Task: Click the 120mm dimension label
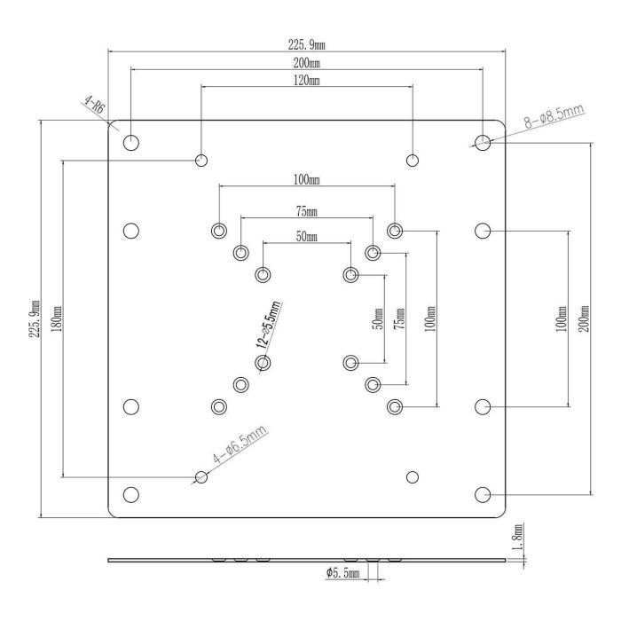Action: [306, 80]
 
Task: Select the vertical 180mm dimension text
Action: [58, 316]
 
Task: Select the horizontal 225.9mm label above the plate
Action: [306, 43]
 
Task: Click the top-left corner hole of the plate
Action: [131, 141]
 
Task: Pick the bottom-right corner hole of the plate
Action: [482, 494]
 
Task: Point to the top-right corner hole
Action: [482, 141]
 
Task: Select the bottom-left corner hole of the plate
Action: [131, 494]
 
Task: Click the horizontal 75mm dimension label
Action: [306, 211]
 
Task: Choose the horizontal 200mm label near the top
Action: [306, 62]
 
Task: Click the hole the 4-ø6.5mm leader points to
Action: [201, 477]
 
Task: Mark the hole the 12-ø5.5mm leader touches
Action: [262, 362]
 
